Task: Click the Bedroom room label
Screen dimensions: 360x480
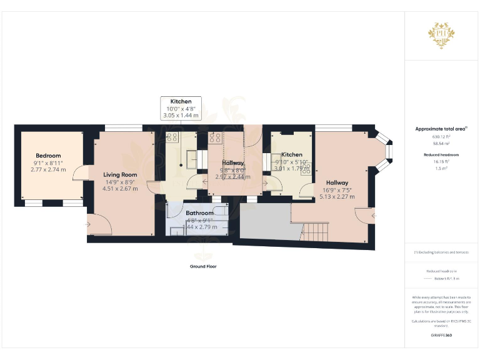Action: point(48,156)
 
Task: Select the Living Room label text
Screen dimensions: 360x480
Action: point(120,174)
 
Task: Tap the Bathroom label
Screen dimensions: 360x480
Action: point(199,213)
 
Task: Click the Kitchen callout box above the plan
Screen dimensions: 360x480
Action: point(181,108)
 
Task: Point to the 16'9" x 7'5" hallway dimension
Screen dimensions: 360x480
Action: point(337,189)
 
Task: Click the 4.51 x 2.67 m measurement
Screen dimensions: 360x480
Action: point(120,189)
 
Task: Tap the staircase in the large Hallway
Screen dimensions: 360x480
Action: point(312,234)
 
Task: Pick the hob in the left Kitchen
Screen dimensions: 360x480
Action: point(172,137)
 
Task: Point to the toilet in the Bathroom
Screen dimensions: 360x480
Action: point(177,230)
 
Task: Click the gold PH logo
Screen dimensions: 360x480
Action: point(441,34)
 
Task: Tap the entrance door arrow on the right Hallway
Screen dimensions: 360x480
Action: point(373,216)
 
